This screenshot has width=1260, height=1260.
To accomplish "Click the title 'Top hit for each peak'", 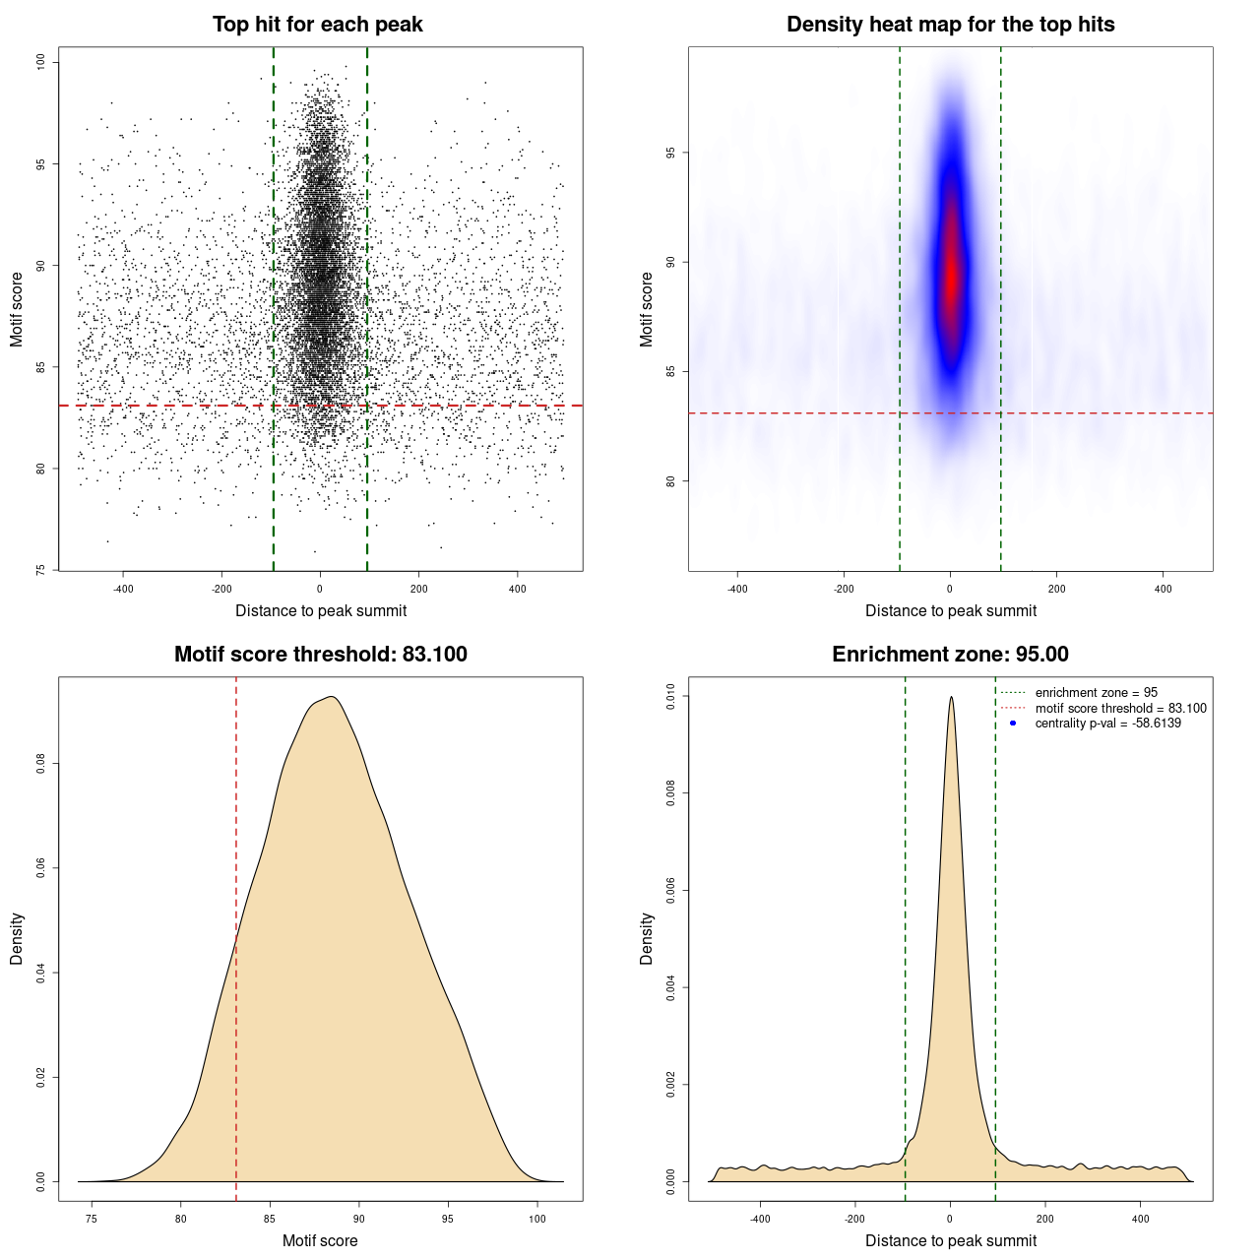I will pos(317,25).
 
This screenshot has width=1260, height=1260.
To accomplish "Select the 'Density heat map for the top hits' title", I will pos(950,25).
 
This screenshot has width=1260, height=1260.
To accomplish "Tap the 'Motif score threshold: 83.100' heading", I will pos(320,655).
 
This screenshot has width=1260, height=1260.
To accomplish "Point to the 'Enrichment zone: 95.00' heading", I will pos(950,655).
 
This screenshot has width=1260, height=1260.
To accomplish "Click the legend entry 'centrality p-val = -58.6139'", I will pos(1107,724).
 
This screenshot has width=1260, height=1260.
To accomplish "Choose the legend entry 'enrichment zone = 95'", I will pos(1096,693).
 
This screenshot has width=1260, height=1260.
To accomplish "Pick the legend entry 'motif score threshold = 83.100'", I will pos(1120,709).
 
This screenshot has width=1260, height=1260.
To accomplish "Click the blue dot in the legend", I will pos(1013,724).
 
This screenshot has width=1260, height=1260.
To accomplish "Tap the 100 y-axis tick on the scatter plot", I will pos(40,62).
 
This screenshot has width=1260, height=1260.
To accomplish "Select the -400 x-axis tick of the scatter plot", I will pos(123,589).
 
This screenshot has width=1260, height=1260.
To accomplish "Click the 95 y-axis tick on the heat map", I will pos(670,153).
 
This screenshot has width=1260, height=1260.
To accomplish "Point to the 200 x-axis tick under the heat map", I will pos(1056,589).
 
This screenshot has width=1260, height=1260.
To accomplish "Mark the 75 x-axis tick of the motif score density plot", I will pos(92,1219).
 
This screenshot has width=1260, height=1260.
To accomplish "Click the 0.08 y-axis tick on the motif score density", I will pos(40,764).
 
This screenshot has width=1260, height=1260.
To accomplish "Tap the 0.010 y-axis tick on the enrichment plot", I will pos(670,697).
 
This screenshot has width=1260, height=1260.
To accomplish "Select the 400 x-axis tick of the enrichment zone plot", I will pos(1140,1219).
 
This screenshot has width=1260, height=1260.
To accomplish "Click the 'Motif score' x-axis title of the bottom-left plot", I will pos(320,1240).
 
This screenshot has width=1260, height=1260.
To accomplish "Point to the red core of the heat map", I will pos(951,276).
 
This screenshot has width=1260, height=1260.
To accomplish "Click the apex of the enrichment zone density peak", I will pos(951,698).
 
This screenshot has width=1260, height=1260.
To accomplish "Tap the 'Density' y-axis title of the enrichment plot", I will pos(647,938).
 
